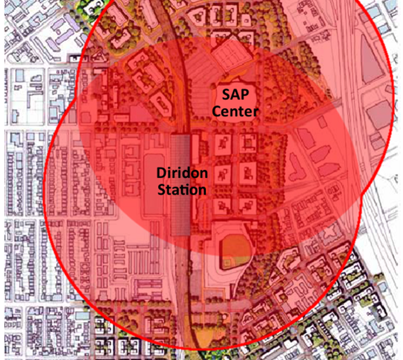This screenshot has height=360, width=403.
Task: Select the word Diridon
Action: coord(183,173)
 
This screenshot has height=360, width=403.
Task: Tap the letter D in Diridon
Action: coord(162,173)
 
